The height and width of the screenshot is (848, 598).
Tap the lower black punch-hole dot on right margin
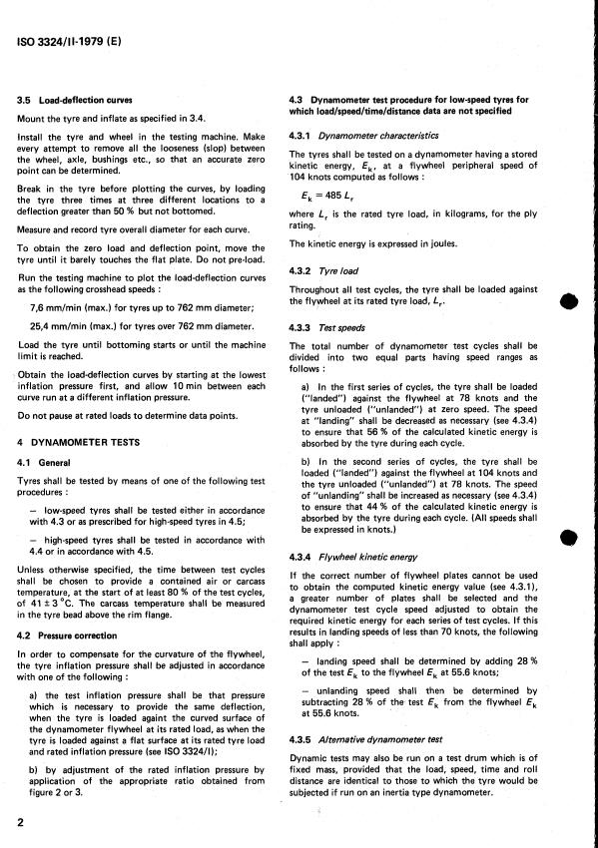click(568, 540)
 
